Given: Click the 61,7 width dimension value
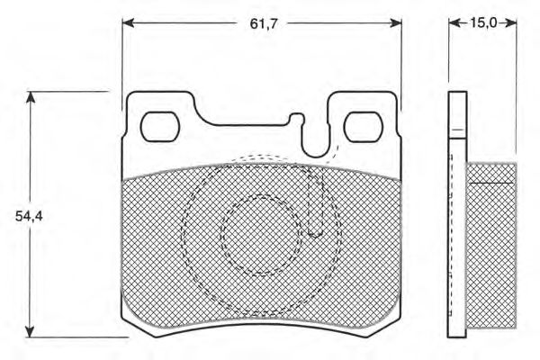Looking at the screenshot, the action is click(264, 23).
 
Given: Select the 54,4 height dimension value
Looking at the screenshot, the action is click(29, 216).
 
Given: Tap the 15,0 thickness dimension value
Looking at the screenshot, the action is click(482, 23).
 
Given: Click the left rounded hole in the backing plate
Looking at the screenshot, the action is click(160, 126).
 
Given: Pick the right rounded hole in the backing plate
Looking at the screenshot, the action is click(364, 126).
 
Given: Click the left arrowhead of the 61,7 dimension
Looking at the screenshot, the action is click(128, 23).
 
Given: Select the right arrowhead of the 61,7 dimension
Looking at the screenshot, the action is click(396, 23).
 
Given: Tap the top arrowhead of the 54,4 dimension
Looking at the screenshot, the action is click(31, 97).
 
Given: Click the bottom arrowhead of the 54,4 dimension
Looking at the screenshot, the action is click(31, 331).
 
